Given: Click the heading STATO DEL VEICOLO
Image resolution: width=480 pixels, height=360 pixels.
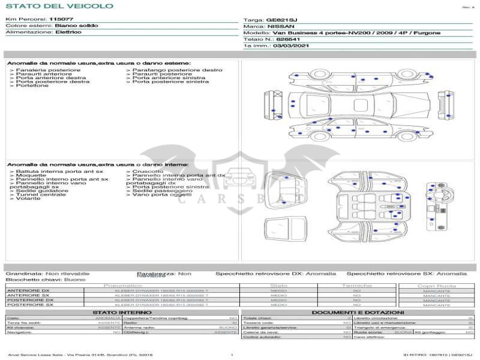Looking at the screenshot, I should pyautogui.click(x=59, y=6).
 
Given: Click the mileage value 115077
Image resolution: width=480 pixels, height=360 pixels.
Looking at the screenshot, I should pyautogui.click(x=61, y=19).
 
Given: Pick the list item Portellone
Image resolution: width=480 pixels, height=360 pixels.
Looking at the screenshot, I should pyautogui.click(x=32, y=86).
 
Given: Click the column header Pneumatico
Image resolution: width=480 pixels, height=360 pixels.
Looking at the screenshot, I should pyautogui.click(x=122, y=286).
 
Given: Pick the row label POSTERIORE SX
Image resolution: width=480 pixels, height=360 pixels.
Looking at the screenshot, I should pyautogui.click(x=30, y=305).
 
